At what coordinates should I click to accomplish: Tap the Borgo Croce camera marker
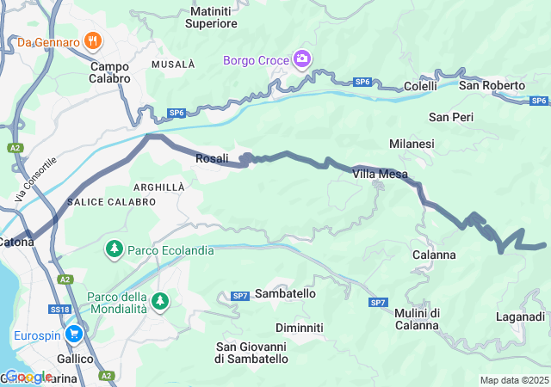tap(302, 59)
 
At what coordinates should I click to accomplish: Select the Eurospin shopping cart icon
tap(74, 334)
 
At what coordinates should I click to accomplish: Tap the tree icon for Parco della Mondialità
tap(159, 302)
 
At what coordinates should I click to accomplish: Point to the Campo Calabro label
tap(109, 71)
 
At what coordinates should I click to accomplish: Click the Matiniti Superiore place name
tap(213, 17)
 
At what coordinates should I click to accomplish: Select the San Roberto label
tap(492, 85)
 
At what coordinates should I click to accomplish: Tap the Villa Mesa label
tap(380, 174)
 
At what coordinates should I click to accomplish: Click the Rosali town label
tap(212, 158)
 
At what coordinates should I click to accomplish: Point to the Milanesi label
tap(412, 144)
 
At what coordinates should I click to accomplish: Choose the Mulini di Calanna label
tap(418, 318)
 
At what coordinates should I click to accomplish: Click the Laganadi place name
tap(520, 316)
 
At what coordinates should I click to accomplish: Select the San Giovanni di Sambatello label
tap(251, 352)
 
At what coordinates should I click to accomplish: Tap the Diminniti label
tap(299, 328)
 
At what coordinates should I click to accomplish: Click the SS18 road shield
tap(59, 309)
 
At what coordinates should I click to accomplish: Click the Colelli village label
tap(421, 87)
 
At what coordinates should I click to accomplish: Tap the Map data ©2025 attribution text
tap(514, 380)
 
